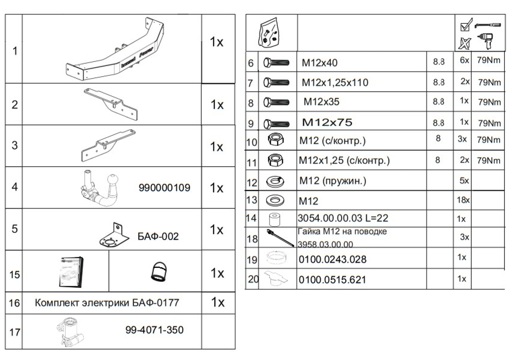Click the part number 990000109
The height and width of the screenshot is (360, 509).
pyautogui.click(x=168, y=187)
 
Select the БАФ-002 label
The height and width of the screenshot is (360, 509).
pyautogui.click(x=158, y=236)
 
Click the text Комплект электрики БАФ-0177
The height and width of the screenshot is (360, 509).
pyautogui.click(x=109, y=303)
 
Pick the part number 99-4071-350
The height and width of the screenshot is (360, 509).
pyautogui.click(x=154, y=330)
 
